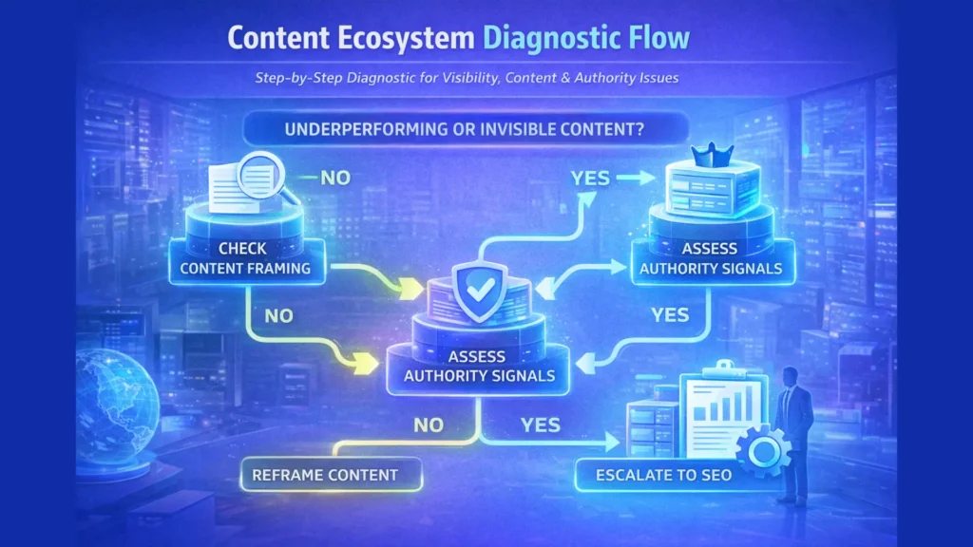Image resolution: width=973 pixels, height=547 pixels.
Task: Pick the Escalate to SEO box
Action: tap(664, 473)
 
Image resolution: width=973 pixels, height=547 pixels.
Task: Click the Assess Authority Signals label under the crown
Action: tap(710, 258)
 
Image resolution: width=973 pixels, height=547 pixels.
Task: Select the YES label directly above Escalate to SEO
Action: tap(542, 425)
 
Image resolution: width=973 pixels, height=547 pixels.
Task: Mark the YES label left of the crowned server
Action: tap(591, 178)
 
